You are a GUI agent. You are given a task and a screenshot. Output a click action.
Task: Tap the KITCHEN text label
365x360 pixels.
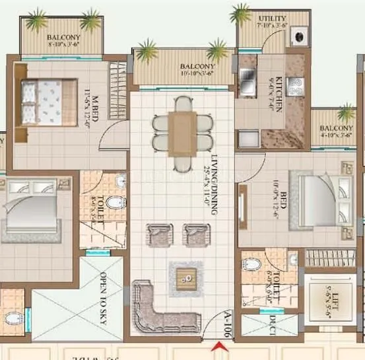click(x=279, y=93)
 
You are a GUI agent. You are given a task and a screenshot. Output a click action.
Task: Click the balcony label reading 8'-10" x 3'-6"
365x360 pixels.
click(x=63, y=41)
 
